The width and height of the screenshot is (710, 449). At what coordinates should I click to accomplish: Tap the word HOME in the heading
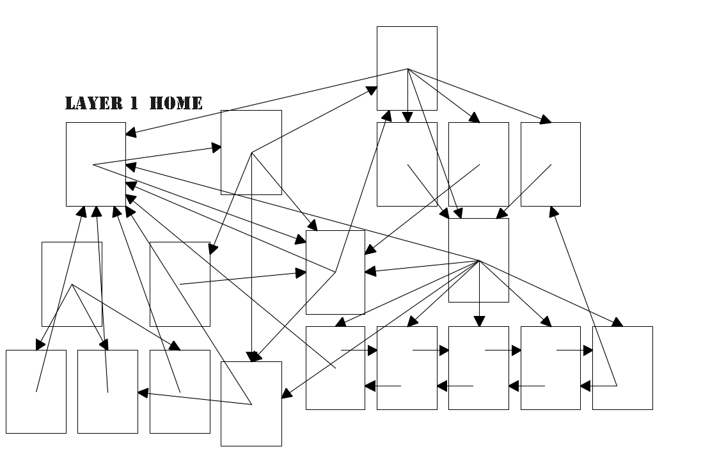click(x=176, y=103)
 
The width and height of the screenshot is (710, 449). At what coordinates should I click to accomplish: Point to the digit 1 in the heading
click(x=134, y=103)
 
